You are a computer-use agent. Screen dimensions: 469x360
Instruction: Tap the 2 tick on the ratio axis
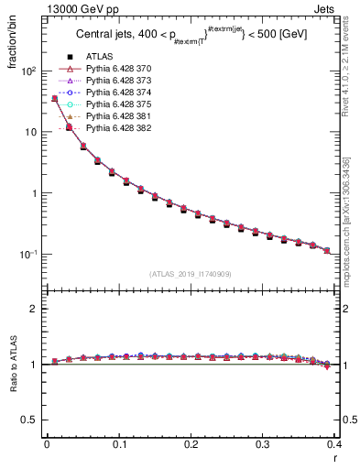click(x=33, y=310)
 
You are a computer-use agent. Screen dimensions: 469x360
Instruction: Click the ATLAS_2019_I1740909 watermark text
click(x=191, y=273)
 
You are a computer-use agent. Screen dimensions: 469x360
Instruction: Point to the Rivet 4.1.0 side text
click(x=354, y=72)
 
